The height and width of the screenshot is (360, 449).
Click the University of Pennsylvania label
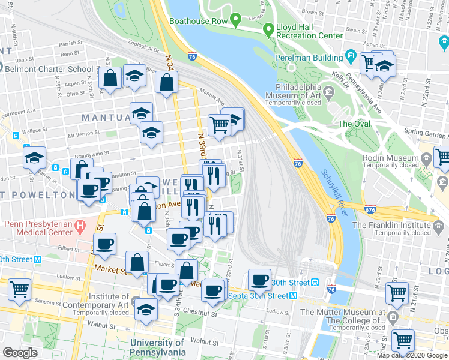pos(157,347)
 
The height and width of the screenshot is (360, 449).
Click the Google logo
pos(20,353)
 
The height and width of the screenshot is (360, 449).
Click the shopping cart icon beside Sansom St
pos(20,289)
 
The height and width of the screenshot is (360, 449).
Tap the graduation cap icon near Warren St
pos(35,158)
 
